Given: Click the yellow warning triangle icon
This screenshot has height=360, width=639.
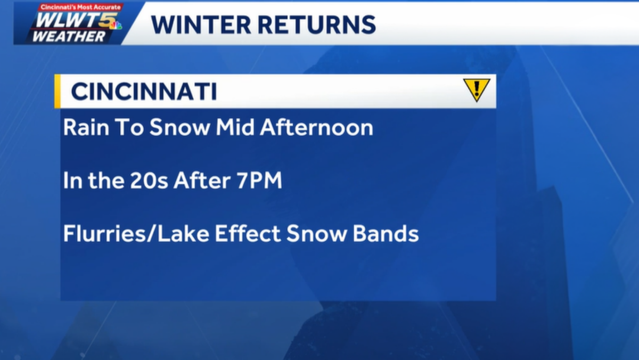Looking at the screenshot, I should tap(476, 89).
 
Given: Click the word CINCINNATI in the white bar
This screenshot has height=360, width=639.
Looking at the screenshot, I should tap(144, 92).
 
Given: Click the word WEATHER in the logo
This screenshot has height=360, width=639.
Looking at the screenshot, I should tap(69, 36).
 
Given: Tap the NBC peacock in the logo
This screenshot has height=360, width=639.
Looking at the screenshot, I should tap(116, 25).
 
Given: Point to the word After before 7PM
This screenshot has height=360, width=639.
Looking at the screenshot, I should tap(202, 182).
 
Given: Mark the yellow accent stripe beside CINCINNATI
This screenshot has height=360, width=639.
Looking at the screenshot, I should tap(58, 92).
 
